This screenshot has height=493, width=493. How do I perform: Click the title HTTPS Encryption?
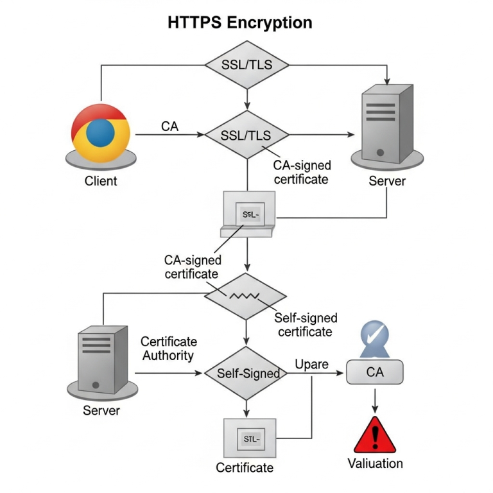click(240, 22)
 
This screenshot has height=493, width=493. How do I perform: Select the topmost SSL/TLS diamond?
click(246, 65)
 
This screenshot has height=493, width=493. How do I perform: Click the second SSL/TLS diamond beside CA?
click(246, 135)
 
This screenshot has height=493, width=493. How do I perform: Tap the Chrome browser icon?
click(101, 133)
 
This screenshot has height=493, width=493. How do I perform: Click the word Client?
click(101, 181)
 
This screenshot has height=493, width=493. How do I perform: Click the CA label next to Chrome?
click(169, 126)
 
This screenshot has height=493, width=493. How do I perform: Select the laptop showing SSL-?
click(248, 214)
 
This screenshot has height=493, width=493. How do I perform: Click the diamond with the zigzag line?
click(245, 296)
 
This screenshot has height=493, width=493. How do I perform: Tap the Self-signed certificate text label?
click(305, 325)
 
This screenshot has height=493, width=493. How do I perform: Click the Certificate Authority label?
click(168, 348)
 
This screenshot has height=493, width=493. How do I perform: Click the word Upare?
click(311, 365)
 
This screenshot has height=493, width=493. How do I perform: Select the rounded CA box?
click(374, 372)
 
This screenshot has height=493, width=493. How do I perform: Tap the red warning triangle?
click(376, 437)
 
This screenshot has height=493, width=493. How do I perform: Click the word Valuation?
click(376, 463)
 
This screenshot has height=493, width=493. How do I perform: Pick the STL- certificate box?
click(249, 438)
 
